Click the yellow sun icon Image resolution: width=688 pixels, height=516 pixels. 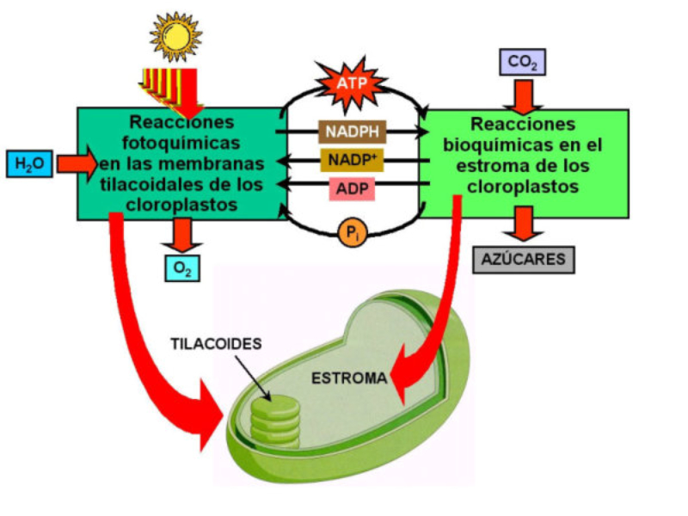177,35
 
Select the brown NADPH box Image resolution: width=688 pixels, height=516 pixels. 353,132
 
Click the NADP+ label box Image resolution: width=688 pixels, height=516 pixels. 353,160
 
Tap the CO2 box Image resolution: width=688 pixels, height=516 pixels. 522,62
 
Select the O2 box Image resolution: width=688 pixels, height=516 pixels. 182,268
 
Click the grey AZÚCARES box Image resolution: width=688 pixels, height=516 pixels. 524,259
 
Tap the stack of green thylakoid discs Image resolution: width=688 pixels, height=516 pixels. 274,419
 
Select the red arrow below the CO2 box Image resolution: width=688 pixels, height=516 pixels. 523,93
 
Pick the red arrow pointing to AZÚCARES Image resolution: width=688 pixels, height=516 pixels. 523,225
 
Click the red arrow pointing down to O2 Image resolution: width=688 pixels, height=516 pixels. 182,234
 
